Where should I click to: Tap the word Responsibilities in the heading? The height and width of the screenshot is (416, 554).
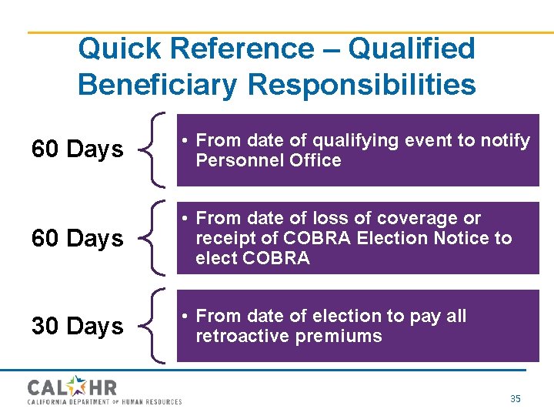click(360, 85)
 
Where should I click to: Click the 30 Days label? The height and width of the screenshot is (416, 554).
click(77, 327)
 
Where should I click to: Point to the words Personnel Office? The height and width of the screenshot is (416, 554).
click(268, 161)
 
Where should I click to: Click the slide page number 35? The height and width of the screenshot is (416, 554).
click(516, 398)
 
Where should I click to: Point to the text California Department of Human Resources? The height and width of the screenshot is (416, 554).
click(105, 401)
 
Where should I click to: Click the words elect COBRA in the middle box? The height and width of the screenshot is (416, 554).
click(252, 259)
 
